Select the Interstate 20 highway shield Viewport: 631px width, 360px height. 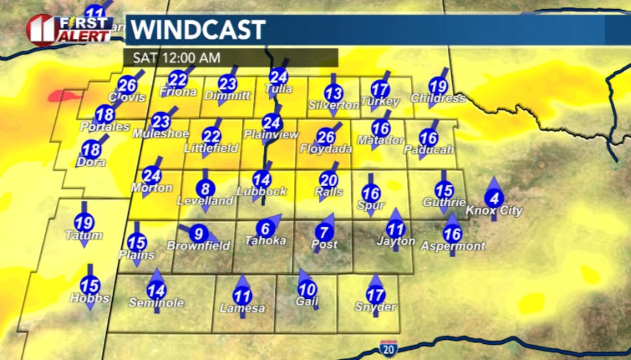(389, 347)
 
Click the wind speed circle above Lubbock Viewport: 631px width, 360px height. (261, 180)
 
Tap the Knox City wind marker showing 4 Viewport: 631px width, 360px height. (494, 198)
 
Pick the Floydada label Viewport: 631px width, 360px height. (326, 149)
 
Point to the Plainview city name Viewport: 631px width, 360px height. (272, 135)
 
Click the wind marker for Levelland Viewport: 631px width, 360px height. (205, 189)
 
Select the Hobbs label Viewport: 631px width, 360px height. (90, 298)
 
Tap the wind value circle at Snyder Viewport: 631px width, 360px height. (375, 295)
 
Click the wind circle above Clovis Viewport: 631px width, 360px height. (127, 84)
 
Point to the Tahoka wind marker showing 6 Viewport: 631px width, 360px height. (265, 228)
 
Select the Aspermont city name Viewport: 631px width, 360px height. (453, 246)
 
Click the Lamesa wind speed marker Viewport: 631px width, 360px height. (242, 296)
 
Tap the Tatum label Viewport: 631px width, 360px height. (84, 236)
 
